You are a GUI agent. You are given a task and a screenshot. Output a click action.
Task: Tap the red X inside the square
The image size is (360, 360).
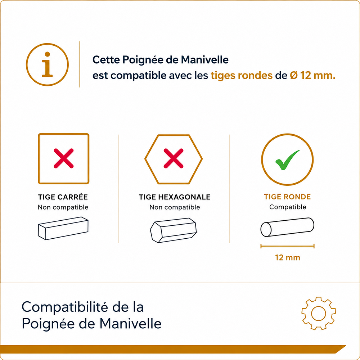(x=64, y=158)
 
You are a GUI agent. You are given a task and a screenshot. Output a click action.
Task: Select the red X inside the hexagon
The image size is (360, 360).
(x=174, y=158)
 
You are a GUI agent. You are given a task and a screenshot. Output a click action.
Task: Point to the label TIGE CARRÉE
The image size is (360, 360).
(x=63, y=197)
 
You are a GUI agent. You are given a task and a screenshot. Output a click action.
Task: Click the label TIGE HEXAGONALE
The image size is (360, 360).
(x=175, y=197)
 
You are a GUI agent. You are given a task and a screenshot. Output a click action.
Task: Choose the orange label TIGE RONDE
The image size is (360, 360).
(x=287, y=197)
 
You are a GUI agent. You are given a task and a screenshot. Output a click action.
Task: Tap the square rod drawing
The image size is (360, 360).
(x=63, y=229)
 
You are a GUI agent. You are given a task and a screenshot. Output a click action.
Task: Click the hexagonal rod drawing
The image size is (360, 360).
(x=174, y=230)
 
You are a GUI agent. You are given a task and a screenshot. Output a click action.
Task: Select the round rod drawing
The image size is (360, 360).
(x=287, y=227)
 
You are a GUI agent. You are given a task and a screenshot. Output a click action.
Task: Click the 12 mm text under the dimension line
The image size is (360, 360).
(x=288, y=258)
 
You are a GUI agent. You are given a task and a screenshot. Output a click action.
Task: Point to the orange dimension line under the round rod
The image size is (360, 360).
(x=287, y=246)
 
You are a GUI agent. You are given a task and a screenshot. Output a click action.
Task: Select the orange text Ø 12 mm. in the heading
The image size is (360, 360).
(x=312, y=75)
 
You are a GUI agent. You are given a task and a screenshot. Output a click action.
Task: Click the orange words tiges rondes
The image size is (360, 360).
(x=242, y=76)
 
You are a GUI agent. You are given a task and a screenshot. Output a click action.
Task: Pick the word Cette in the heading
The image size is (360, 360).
(x=106, y=60)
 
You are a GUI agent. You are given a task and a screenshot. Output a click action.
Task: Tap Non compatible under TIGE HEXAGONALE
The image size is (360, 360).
(x=175, y=207)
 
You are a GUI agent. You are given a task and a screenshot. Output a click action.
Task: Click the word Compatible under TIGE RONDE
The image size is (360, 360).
(x=288, y=207)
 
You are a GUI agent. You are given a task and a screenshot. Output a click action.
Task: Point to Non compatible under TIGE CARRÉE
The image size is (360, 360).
(x=63, y=207)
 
